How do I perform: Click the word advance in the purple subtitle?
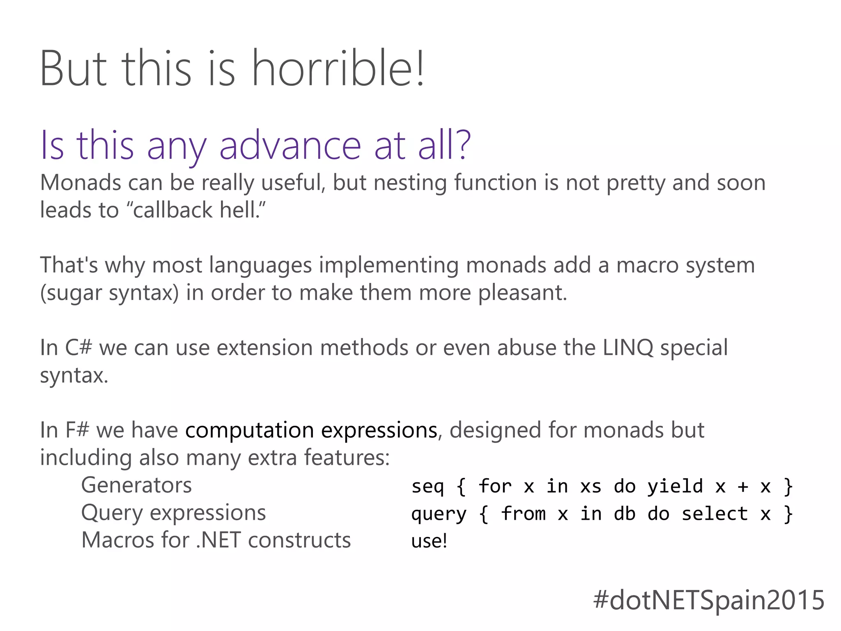[290, 145]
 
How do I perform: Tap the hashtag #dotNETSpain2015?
[708, 600]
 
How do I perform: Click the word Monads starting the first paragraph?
[80, 183]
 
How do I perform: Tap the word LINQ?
[627, 348]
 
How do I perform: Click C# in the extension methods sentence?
[78, 348]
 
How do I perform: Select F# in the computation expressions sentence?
[77, 430]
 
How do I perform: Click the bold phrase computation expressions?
[311, 430]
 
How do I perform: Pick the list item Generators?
[136, 485]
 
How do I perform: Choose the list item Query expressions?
[173, 513]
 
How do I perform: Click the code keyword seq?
[427, 487]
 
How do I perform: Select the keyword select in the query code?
[715, 514]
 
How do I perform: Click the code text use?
[429, 541]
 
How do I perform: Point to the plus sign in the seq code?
[742, 487]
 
